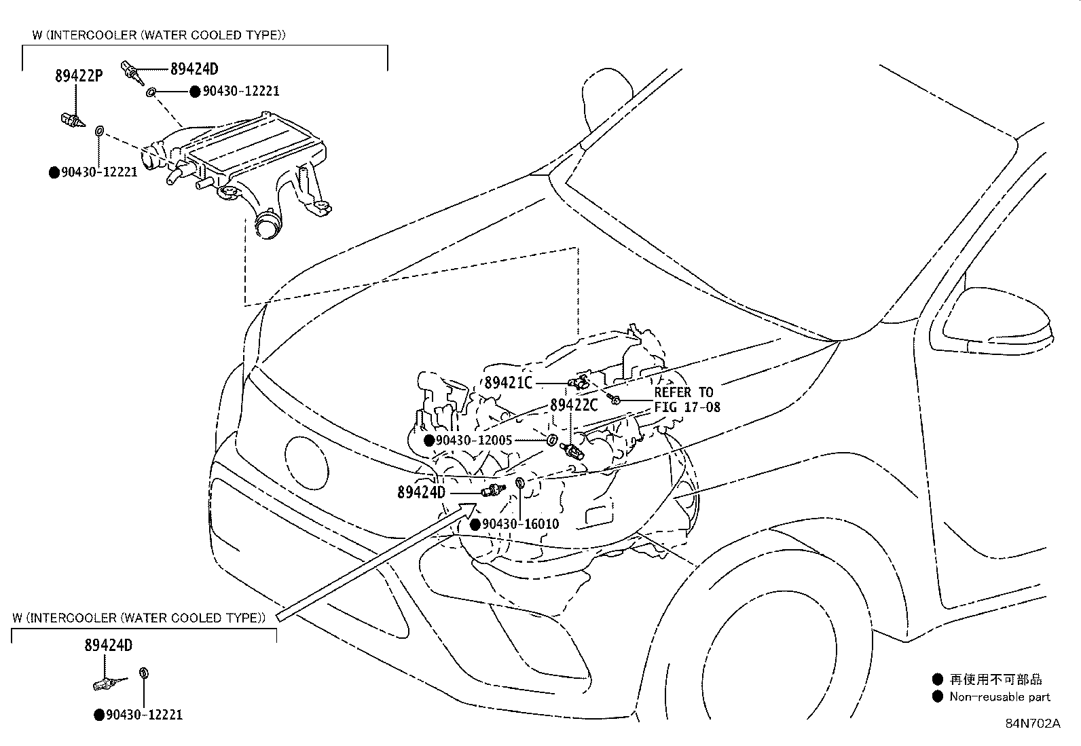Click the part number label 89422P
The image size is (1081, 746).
(78, 76)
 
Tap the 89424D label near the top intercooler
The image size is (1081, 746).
(194, 69)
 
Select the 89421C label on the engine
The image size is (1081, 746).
(509, 383)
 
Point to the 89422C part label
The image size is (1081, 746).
(574, 405)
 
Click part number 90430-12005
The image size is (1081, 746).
(474, 441)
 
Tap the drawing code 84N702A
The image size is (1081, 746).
(1032, 723)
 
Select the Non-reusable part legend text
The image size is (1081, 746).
(1000, 696)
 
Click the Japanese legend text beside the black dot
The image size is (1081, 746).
(995, 679)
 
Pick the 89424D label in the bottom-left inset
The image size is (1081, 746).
(108, 646)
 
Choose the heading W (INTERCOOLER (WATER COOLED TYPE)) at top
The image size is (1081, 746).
(158, 35)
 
